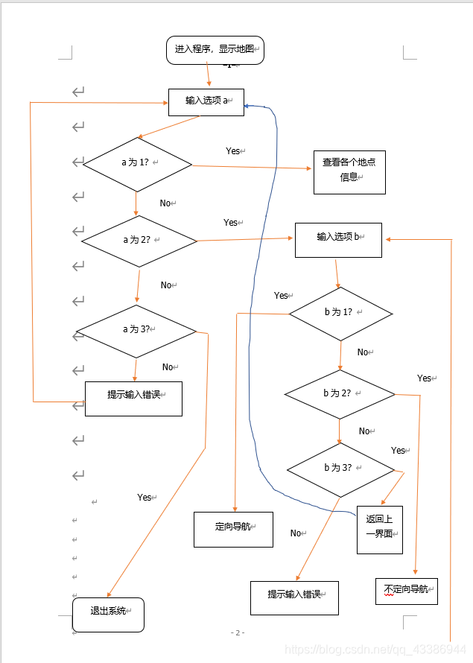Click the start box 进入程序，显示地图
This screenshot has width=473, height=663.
click(x=215, y=49)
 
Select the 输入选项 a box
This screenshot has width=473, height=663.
click(x=206, y=101)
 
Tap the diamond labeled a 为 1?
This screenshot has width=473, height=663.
click(x=137, y=164)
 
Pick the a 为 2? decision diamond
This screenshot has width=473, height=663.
click(x=139, y=241)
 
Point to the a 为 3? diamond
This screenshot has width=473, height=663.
click(x=136, y=330)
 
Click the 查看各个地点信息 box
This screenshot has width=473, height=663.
click(x=349, y=169)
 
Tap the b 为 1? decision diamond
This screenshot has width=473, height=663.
click(x=340, y=314)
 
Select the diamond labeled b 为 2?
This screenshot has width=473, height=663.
click(x=340, y=394)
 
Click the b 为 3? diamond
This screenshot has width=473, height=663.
click(x=340, y=469)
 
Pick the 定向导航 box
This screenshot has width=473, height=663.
click(x=233, y=528)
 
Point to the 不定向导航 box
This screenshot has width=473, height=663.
click(x=407, y=590)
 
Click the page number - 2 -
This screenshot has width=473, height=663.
click(x=237, y=632)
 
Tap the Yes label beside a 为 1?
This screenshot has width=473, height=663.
click(x=234, y=151)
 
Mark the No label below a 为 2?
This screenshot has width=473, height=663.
click(x=167, y=285)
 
